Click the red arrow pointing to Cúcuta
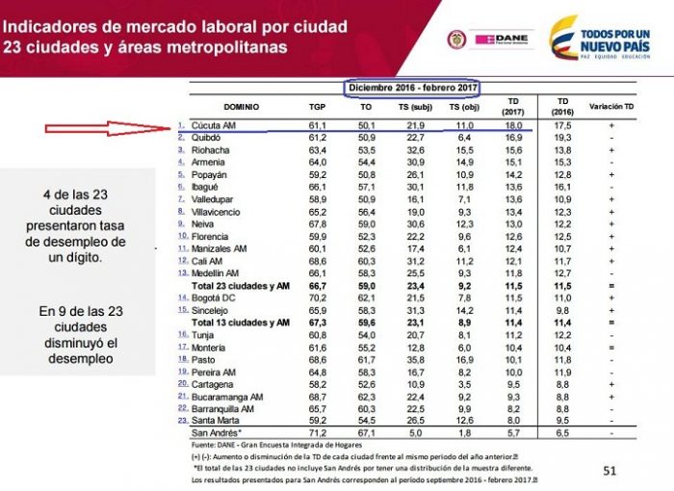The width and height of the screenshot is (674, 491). pos(91,127)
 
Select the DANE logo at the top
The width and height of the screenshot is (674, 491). pos(499,39)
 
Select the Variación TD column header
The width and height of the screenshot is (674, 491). pos(611,106)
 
